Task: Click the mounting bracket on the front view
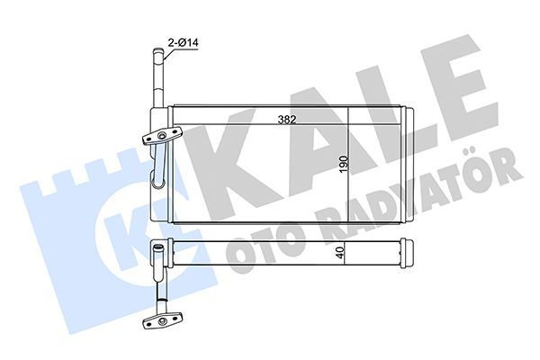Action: [162, 137]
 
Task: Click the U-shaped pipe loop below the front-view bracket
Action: [160, 171]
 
